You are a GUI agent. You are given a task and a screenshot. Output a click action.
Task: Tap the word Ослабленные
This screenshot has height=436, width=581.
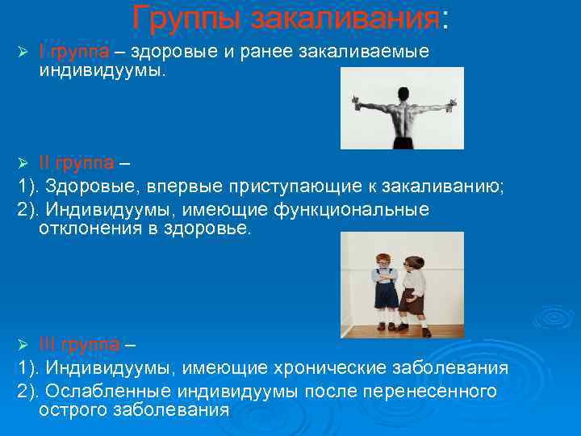pos(113,392)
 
